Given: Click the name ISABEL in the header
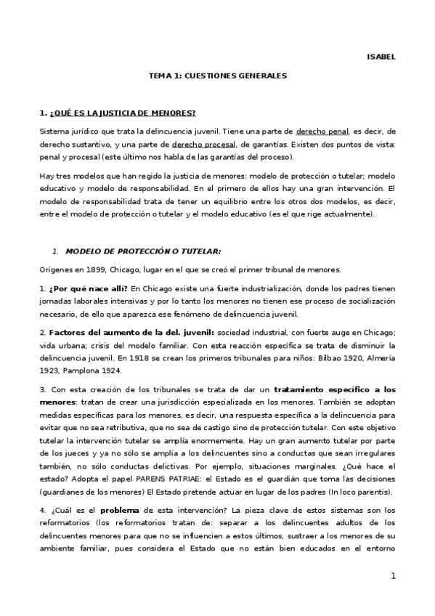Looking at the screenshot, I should tap(382, 57).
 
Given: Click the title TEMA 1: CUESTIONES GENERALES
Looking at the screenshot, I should tap(218, 75).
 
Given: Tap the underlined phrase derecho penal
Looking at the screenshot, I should tap(322, 131).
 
